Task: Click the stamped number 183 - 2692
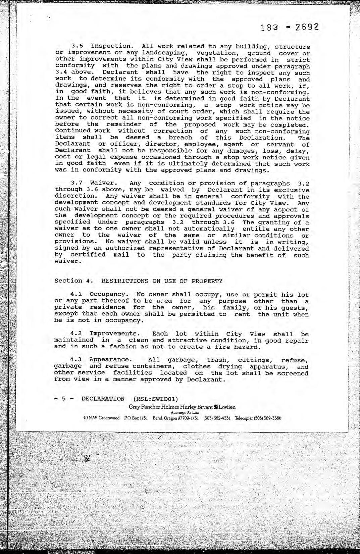[290, 27]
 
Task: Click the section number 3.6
[79, 46]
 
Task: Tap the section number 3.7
[78, 183]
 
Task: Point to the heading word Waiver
[104, 183]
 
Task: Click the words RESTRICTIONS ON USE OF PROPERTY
[162, 281]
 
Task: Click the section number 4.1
[78, 295]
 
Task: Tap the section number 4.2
[78, 334]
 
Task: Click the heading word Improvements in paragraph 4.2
[114, 334]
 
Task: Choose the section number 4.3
[78, 360]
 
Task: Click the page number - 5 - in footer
[63, 399]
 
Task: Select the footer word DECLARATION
[103, 399]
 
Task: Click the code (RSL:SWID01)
[155, 399]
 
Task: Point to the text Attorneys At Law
[185, 413]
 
